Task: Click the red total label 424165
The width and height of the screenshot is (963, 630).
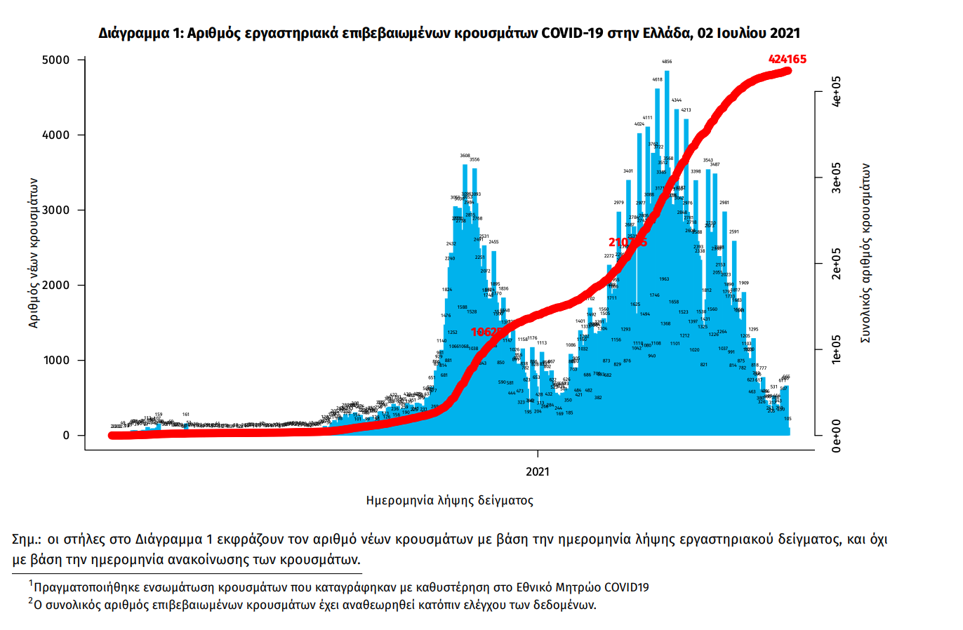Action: click(787, 60)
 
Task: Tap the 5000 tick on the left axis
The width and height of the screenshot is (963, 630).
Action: click(56, 60)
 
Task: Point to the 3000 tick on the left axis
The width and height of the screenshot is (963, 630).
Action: click(56, 210)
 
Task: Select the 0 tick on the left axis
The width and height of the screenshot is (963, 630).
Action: click(66, 436)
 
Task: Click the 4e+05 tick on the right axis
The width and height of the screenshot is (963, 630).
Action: click(837, 92)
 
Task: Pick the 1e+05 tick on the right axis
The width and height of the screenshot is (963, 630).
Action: click(837, 349)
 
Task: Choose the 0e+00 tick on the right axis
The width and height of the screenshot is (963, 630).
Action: click(837, 436)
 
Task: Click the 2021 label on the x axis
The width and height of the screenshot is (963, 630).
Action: click(538, 471)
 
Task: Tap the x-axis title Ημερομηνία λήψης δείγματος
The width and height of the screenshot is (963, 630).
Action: click(449, 501)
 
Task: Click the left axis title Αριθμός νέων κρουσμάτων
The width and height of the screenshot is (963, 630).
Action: click(34, 253)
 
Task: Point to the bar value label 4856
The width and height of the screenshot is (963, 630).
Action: click(667, 62)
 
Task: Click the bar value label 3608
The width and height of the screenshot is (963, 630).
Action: click(465, 156)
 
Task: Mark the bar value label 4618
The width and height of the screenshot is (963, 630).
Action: click(657, 80)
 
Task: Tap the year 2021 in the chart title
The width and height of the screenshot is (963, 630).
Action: click(785, 33)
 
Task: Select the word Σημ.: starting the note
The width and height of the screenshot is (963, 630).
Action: click(27, 539)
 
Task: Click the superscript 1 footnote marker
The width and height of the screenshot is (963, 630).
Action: click(31, 583)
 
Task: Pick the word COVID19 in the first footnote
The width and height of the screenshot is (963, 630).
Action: click(626, 587)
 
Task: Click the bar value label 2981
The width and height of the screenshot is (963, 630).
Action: click(724, 203)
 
